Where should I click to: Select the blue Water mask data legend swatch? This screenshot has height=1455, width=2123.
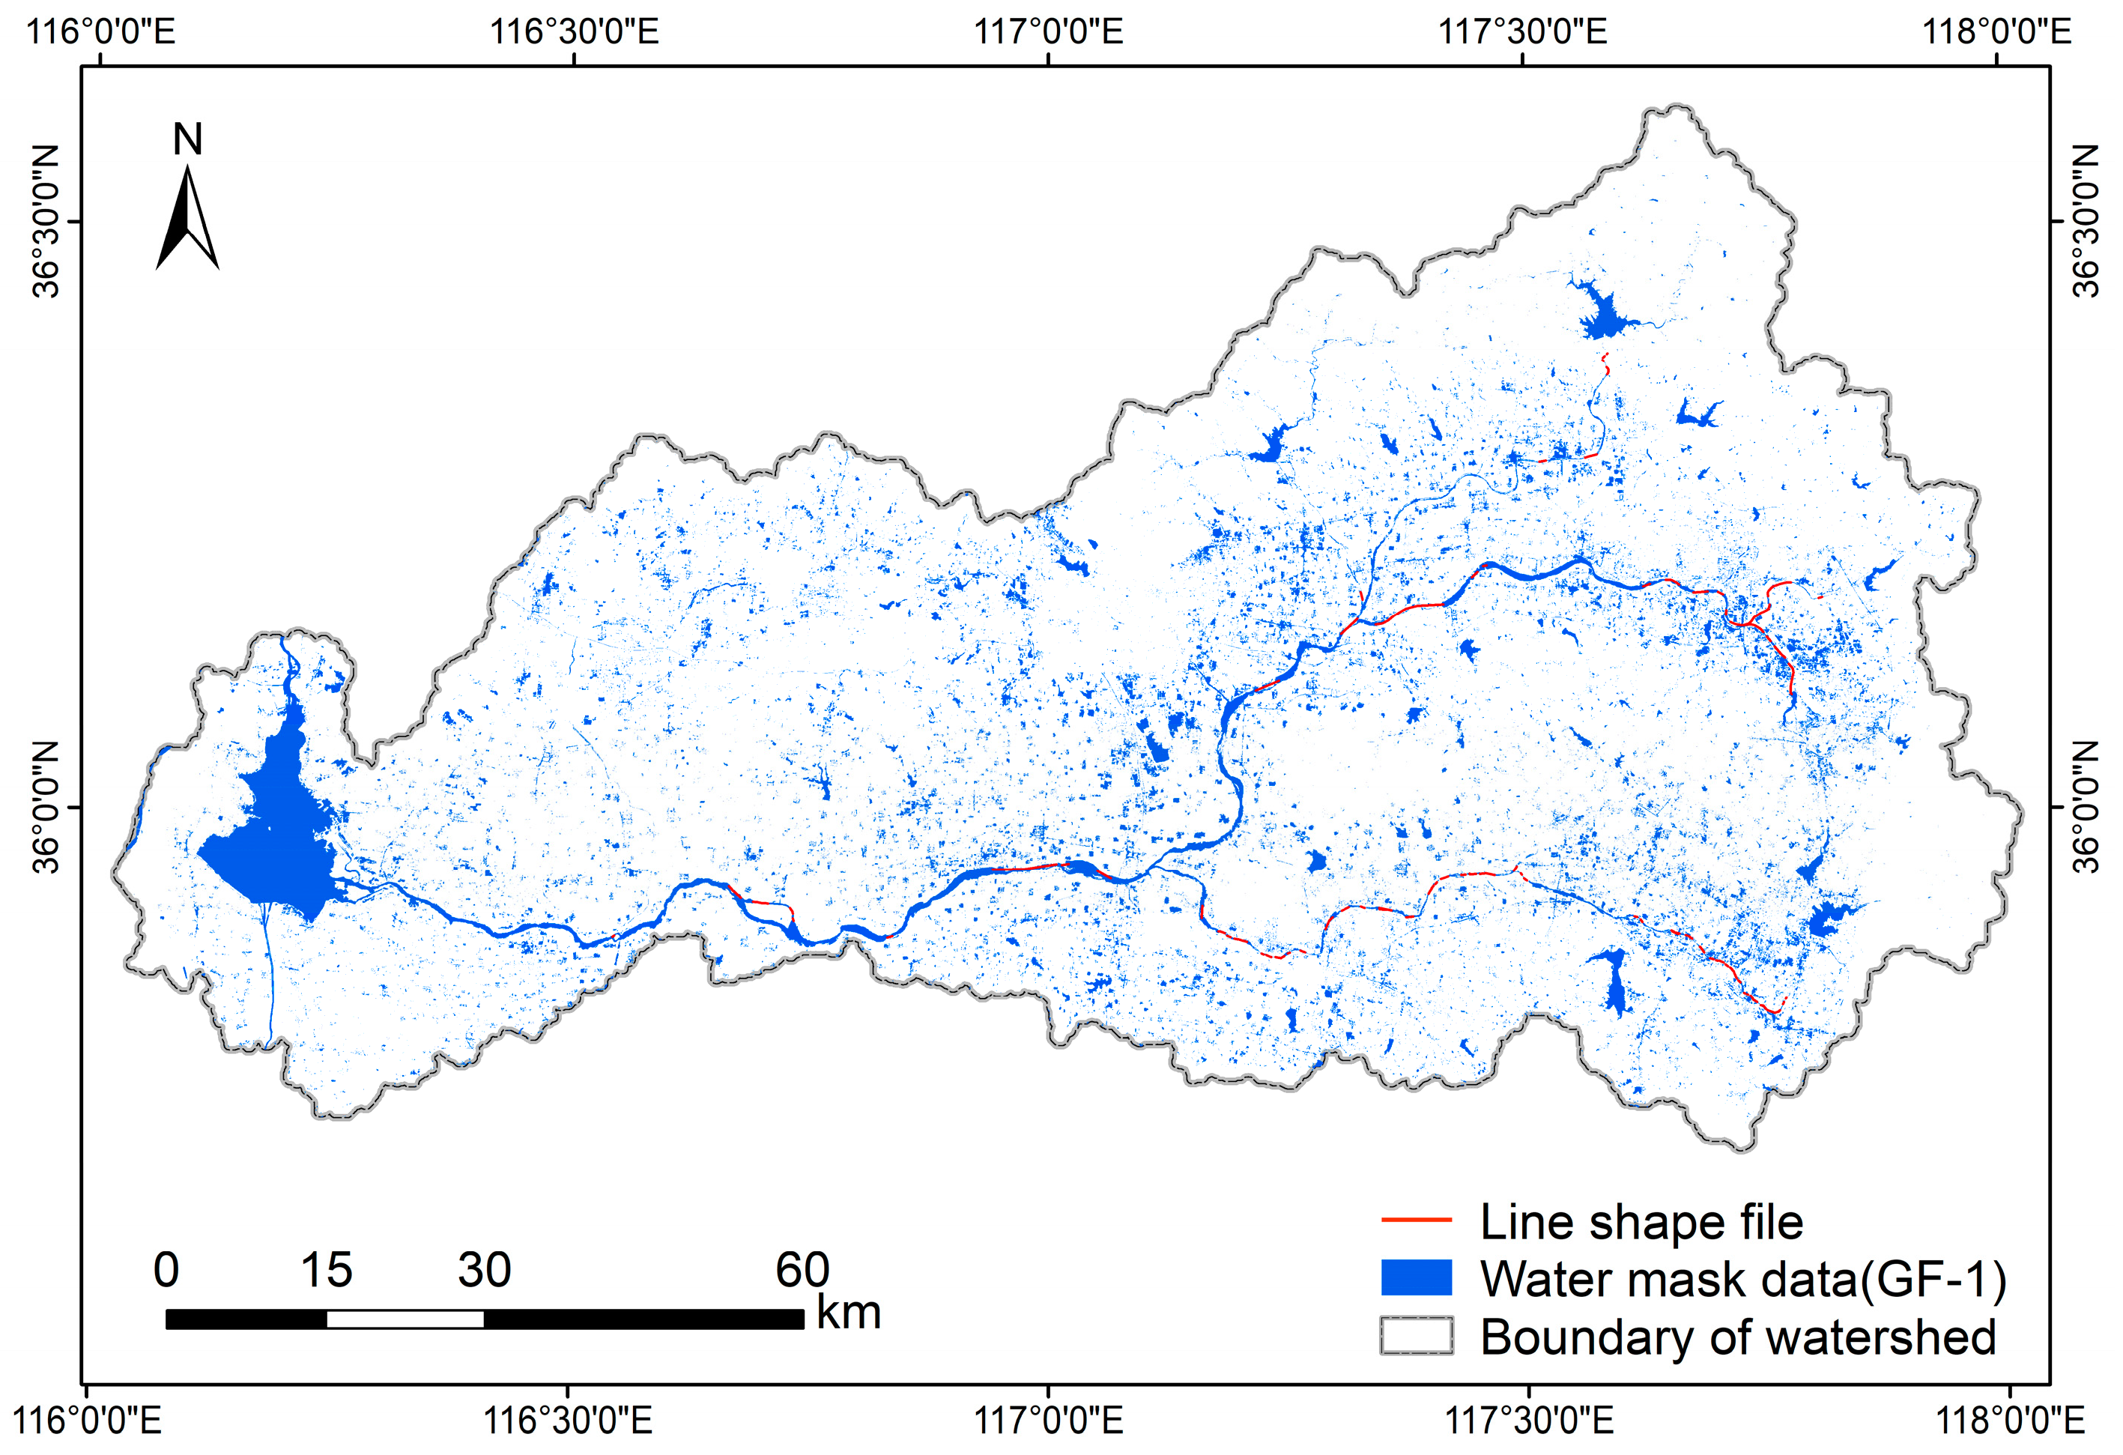[1415, 1277]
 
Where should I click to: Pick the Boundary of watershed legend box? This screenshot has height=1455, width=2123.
[1415, 1335]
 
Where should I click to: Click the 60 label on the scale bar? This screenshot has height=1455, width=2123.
[802, 1270]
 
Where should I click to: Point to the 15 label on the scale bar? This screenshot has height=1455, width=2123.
[326, 1270]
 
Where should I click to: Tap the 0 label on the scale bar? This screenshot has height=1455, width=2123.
[166, 1270]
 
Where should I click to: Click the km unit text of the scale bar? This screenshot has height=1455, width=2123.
[849, 1313]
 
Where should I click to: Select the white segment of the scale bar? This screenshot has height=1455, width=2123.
[405, 1319]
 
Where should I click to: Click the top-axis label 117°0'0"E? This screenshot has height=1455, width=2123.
[1048, 32]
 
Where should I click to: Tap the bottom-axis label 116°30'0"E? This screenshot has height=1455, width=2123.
[566, 1421]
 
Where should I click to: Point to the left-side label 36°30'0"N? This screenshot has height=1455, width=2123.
[46, 221]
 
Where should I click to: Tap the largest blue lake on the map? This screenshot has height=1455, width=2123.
[274, 841]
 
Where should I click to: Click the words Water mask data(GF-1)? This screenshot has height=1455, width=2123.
[1743, 1279]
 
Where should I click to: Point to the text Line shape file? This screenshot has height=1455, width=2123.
[1641, 1222]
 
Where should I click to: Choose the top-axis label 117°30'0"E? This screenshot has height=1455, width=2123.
[1523, 32]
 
